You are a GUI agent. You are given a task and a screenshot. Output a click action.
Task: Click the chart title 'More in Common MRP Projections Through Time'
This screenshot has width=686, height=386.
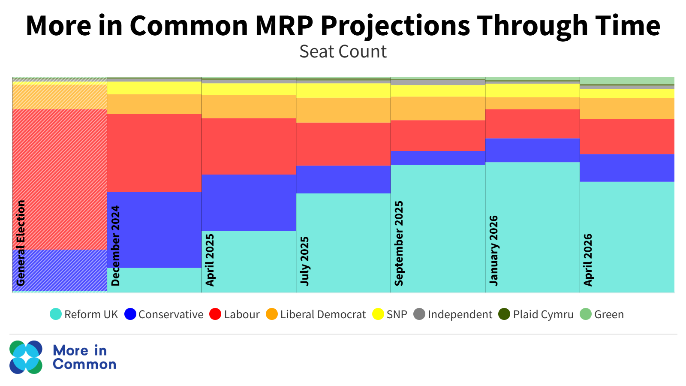(x=343, y=26)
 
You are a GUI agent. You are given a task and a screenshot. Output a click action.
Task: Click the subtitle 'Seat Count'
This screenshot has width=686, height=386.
(x=343, y=52)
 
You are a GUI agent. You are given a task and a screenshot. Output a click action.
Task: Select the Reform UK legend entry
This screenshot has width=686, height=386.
(x=84, y=314)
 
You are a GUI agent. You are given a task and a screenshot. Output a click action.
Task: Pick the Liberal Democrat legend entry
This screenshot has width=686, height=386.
(x=316, y=314)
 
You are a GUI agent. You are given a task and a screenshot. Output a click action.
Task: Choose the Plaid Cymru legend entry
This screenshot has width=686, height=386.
(x=536, y=314)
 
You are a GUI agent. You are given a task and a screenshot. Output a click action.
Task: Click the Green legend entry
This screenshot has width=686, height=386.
(x=602, y=314)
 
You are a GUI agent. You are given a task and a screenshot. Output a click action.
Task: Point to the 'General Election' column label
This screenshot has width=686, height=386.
(x=21, y=243)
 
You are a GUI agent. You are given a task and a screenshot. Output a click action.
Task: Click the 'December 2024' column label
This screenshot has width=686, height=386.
(x=115, y=245)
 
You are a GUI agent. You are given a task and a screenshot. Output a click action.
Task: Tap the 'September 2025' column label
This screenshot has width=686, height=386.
(x=399, y=243)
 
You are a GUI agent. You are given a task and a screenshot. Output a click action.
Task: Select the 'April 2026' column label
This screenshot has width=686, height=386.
(x=588, y=259)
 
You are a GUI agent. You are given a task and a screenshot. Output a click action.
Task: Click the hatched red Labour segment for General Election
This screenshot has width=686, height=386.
(x=60, y=179)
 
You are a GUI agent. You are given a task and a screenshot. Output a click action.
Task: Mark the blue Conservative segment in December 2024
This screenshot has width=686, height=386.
(x=154, y=229)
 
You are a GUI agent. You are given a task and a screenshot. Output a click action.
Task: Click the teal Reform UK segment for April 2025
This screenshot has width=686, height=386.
(x=249, y=262)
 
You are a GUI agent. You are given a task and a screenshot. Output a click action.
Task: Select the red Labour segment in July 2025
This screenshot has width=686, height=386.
(x=343, y=144)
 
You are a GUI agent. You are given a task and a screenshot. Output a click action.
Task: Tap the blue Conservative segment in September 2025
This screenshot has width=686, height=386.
(x=438, y=158)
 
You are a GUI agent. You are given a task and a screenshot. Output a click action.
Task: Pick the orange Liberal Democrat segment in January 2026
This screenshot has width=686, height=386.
(x=532, y=103)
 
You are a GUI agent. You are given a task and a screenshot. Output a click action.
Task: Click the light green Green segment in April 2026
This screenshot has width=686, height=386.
(x=627, y=81)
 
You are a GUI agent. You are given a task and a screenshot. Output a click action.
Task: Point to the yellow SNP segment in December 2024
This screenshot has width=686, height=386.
(x=154, y=88)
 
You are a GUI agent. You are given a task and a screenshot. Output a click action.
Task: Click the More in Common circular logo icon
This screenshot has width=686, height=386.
(x=26, y=357)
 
